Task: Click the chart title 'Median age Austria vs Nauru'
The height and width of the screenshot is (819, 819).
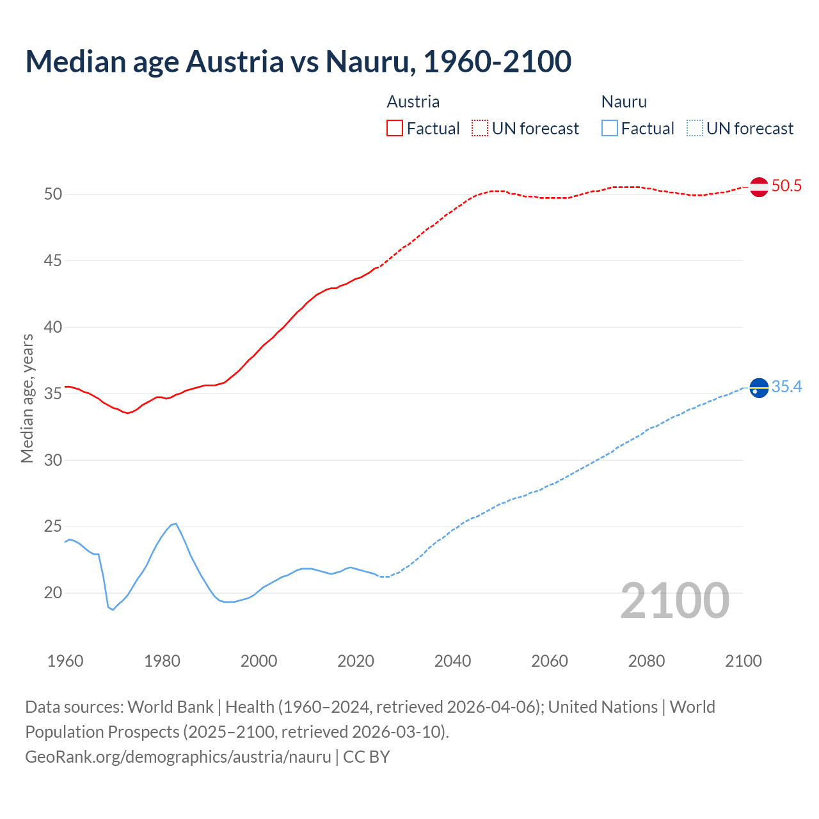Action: pos(298,61)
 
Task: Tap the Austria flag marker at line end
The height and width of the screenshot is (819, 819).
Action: pos(759,187)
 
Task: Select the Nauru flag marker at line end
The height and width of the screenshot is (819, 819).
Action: pos(759,388)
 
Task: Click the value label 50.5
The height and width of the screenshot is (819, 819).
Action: pos(786,186)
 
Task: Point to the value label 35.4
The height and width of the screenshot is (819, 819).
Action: pos(786,387)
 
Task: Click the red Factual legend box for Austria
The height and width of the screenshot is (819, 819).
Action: pos(395,129)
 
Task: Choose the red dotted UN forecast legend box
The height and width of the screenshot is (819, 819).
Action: pos(480,129)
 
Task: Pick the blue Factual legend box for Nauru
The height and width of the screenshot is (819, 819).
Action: pos(610,129)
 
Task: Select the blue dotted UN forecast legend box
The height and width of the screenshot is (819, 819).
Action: pos(695,129)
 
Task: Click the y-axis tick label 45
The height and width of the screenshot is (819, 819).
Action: pos(53,261)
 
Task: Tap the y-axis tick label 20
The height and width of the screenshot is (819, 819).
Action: pos(53,593)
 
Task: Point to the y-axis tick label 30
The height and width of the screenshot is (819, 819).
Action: pos(53,460)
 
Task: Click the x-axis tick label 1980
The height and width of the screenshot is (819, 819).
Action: pos(162,661)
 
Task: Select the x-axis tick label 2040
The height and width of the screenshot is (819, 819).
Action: pos(452,661)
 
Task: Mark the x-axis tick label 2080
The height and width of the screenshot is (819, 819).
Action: pos(646,661)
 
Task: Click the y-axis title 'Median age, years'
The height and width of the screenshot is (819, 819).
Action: pos(27,398)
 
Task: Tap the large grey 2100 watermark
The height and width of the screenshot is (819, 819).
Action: pos(674,601)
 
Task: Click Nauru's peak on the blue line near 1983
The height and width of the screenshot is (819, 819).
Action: pos(176,523)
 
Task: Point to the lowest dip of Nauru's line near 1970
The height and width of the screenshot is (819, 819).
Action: pos(113,610)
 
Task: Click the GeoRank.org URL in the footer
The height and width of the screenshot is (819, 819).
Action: pos(178,757)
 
